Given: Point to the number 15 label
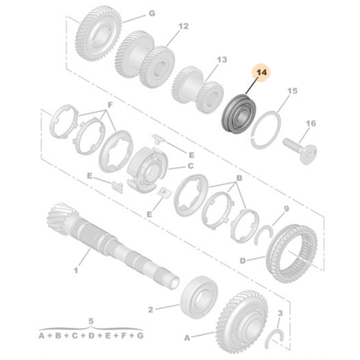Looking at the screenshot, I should [292, 90].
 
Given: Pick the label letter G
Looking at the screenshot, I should [151, 15].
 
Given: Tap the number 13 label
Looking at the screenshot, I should [222, 60].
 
